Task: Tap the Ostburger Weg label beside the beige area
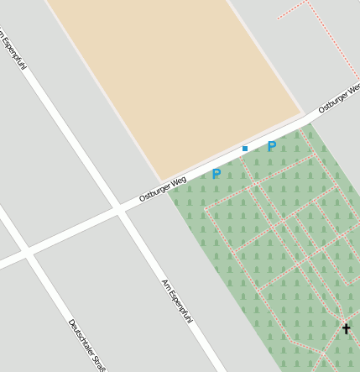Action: [162, 189]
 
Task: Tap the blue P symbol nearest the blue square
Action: [272, 146]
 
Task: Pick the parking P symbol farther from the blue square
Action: [217, 174]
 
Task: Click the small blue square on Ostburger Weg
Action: [245, 149]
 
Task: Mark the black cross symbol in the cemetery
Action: [346, 328]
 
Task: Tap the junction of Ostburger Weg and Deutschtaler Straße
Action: [28, 252]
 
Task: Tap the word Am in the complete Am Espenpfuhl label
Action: [164, 282]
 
